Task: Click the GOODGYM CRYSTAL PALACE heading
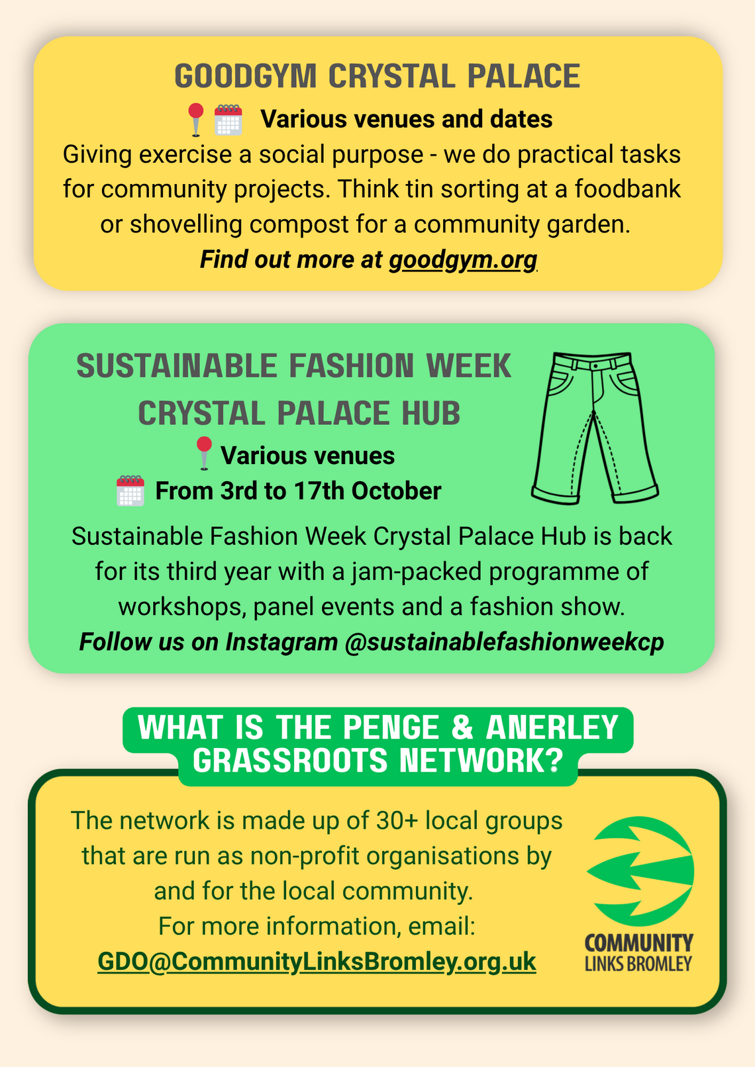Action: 377,76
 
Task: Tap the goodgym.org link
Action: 464,260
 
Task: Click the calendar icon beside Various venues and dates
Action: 228,120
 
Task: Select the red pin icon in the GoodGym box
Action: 196,120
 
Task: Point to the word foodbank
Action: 627,189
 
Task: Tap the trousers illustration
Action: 595,428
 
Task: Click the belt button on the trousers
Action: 594,366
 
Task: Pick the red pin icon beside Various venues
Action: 204,453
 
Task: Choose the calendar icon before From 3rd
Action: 130,490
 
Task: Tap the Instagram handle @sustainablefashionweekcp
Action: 504,641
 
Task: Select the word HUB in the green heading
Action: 430,413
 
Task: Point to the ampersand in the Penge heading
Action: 462,727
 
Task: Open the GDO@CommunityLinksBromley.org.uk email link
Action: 317,962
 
